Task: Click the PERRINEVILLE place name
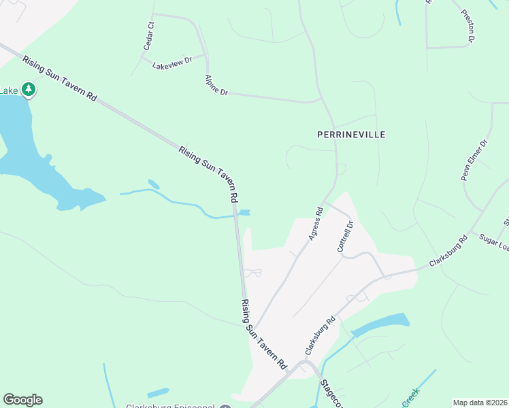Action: pos(351,135)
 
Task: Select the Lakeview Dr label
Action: pos(173,61)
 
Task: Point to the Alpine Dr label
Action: pos(216,85)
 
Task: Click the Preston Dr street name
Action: pos(467,26)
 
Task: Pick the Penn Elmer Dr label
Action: pos(475,160)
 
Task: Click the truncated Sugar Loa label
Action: pos(494,242)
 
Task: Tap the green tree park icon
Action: pos(29,89)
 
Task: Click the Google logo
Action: pos(22,400)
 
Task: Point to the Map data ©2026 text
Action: pos(480,403)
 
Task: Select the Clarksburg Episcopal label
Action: pos(170,406)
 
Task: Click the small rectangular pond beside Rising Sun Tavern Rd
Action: pos(244,212)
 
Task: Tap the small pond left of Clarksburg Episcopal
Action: pos(158,392)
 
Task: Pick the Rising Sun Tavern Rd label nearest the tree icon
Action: pos(59,79)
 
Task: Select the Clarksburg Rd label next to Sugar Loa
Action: pos(449,251)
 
